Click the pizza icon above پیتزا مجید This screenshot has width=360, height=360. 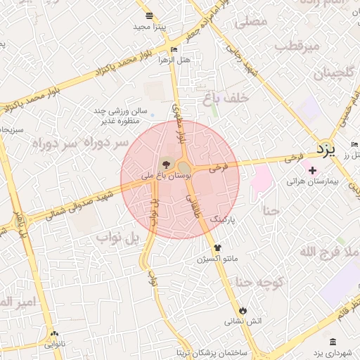click(x=148, y=15)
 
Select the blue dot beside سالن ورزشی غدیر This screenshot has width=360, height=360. click(x=152, y=112)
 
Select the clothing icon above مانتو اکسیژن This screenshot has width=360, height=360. click(x=217, y=247)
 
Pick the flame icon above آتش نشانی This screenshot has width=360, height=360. click(x=243, y=310)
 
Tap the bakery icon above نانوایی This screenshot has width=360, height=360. click(x=54, y=334)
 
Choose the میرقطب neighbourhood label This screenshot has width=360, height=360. click(x=297, y=46)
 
